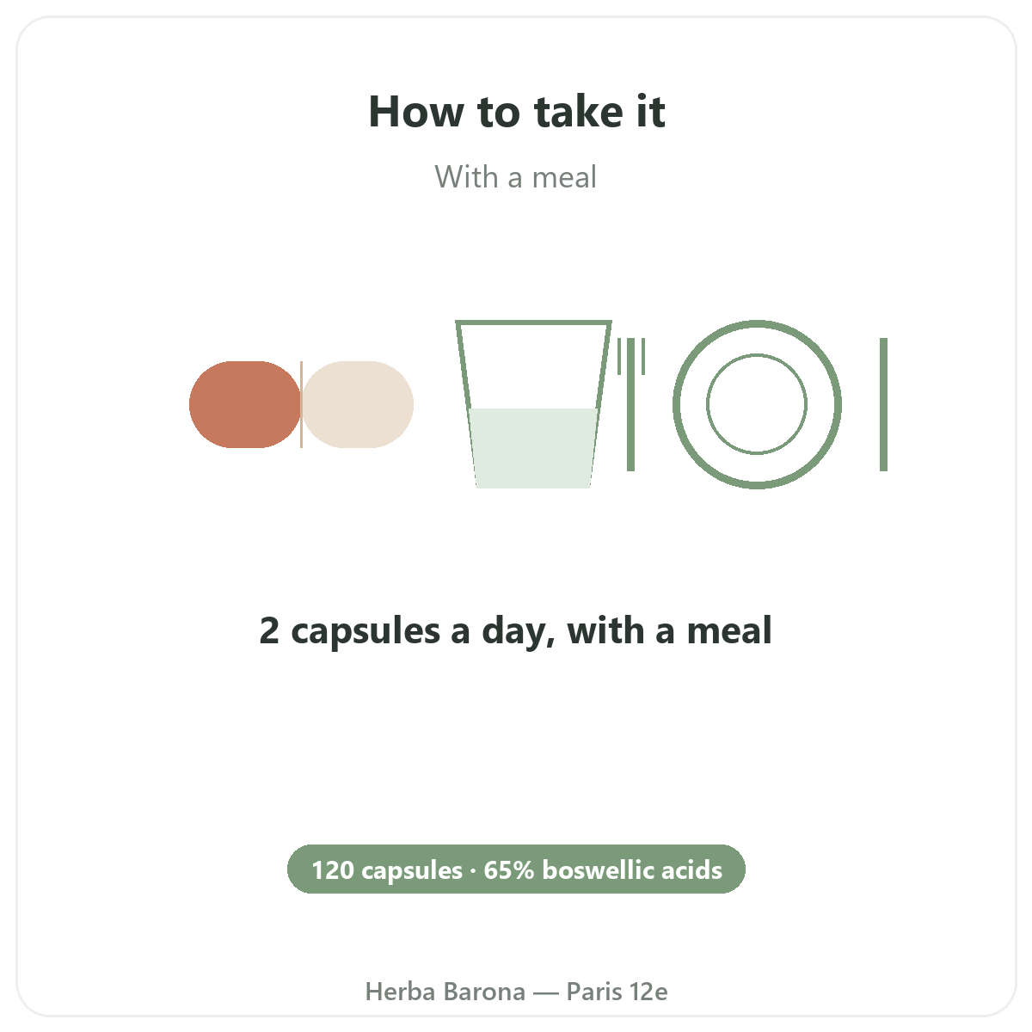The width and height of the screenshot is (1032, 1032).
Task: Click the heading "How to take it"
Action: pos(516,112)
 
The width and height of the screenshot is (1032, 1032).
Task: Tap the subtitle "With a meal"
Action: pos(515,177)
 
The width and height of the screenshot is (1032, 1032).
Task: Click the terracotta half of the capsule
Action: pos(245,404)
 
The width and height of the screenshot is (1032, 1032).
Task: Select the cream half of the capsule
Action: pos(358,404)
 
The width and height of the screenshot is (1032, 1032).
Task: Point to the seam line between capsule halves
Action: pos(302,404)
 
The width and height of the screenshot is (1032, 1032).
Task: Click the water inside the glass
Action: pos(533,448)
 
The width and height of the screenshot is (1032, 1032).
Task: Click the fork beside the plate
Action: pos(631,404)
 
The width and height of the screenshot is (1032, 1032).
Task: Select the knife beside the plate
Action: pos(884,404)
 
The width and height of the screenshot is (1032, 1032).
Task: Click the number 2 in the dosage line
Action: pos(269,630)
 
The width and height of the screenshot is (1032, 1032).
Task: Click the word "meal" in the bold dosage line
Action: pos(729,630)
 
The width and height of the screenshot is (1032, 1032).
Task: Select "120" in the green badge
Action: pos(333,870)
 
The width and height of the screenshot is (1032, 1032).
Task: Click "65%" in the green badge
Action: pos(509,870)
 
